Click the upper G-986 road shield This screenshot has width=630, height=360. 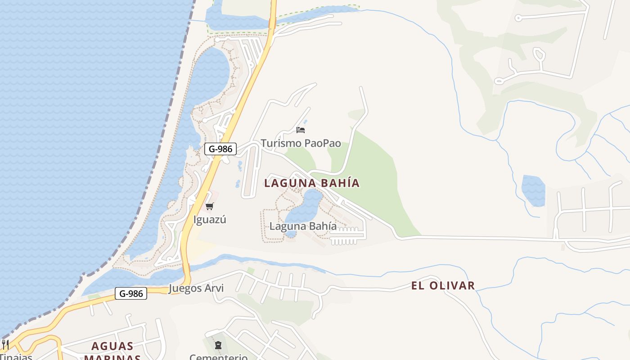[220, 149]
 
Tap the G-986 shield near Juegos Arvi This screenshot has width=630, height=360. [131, 294]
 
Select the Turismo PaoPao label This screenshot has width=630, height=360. [301, 144]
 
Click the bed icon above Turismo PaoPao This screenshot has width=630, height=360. [301, 130]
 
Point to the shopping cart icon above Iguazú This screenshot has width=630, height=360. [209, 207]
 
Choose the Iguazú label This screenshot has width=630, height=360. [209, 220]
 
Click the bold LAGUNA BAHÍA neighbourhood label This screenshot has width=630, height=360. [312, 183]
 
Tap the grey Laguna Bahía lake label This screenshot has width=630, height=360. [303, 226]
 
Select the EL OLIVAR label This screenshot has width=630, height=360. [443, 286]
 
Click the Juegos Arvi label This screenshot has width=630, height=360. [196, 288]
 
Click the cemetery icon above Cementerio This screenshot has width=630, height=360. [218, 345]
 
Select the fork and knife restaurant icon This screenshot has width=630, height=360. [5, 345]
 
